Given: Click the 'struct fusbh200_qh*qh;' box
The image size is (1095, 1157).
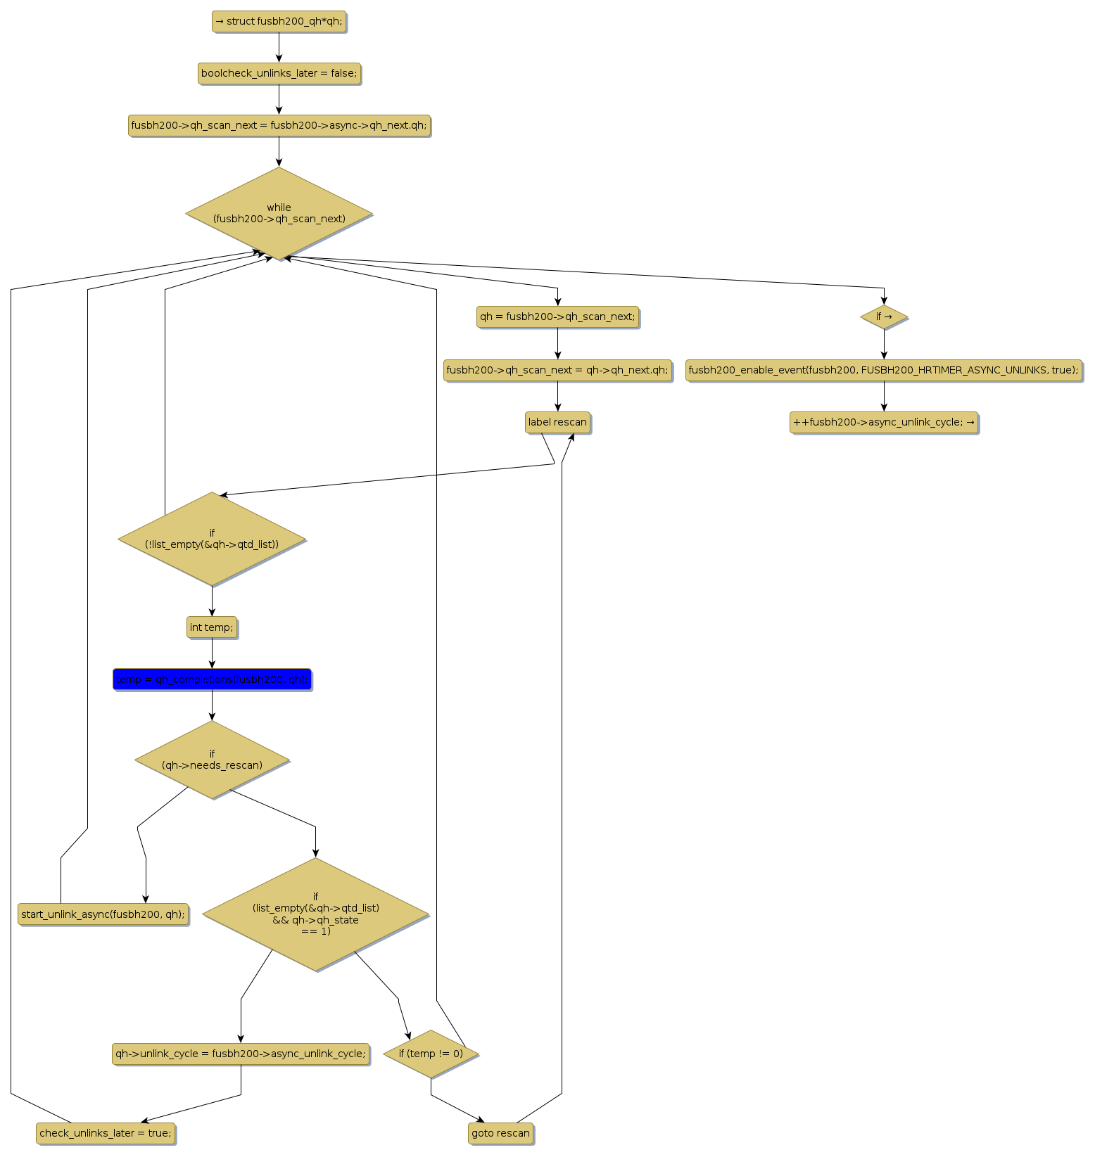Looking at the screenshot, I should click(279, 22).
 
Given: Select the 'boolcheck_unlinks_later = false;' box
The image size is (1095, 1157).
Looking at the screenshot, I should click(279, 73).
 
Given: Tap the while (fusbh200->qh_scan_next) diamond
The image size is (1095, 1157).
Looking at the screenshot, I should click(279, 213).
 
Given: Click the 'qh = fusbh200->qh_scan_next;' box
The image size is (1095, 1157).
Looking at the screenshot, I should click(557, 317).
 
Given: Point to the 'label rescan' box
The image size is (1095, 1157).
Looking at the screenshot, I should click(557, 422).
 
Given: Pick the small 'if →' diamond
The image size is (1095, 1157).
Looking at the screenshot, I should click(884, 317).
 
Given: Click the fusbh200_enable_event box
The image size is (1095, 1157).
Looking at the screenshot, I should click(883, 370).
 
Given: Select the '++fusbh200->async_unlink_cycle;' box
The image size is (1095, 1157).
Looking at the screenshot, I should click(883, 422).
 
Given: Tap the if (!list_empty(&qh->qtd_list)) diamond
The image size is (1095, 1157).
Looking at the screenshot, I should click(212, 539).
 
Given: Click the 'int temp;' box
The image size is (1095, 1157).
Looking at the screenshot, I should click(212, 627).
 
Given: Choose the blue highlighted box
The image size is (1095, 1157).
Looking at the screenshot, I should click(212, 679).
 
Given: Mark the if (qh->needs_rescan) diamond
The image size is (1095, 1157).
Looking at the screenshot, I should click(212, 760).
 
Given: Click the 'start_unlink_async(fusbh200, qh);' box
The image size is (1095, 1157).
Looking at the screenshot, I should click(103, 914).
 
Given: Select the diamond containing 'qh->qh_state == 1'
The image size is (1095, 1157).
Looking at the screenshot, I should click(315, 914).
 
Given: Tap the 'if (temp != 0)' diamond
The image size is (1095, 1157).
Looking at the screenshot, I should click(431, 1054).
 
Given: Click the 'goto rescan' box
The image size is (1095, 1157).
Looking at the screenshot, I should click(500, 1133).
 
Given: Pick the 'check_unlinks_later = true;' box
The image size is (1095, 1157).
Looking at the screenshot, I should click(106, 1133).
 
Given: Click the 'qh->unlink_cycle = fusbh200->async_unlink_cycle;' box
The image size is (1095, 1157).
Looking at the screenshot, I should click(241, 1054).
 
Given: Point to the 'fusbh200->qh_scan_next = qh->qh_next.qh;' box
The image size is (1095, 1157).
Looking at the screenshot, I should click(557, 370).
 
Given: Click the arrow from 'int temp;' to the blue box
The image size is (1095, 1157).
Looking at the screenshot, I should click(212, 653).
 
